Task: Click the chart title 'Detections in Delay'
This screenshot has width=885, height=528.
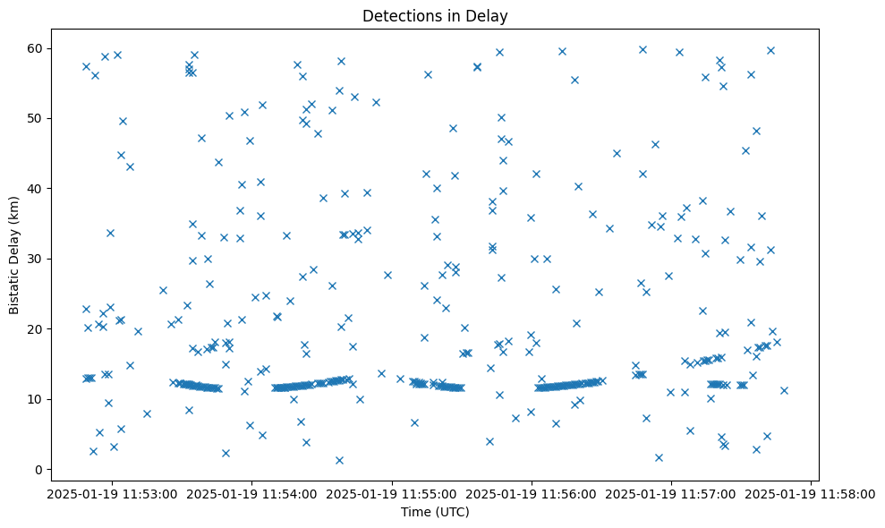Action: (435, 15)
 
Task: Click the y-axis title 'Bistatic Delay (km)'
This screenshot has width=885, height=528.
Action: (14, 255)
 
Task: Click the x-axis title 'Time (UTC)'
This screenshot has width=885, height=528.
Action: (435, 512)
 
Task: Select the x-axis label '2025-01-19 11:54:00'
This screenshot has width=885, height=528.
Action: (252, 493)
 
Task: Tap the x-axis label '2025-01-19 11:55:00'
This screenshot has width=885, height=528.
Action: (392, 493)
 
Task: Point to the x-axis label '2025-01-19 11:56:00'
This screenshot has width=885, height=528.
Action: (532, 493)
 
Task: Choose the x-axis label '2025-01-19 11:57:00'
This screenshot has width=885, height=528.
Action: (671, 493)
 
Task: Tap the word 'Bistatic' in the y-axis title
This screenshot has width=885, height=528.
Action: (14, 288)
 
